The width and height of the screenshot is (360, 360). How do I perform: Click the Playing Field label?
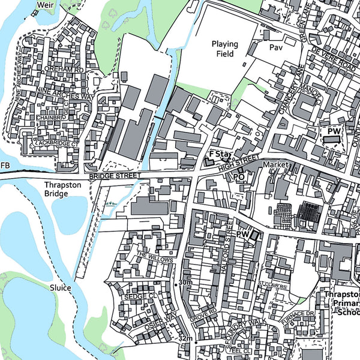tap(224, 49)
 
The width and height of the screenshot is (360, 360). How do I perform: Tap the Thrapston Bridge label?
tap(62, 190)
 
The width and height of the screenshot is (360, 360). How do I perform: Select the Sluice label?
tap(61, 288)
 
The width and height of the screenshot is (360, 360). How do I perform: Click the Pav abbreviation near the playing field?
tap(275, 47)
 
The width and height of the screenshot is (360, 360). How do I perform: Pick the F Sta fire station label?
tap(220, 155)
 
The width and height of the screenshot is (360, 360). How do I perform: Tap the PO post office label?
tap(239, 178)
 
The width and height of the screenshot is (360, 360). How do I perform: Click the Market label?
tap(276, 164)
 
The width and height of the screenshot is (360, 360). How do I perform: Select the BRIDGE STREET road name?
tap(114, 176)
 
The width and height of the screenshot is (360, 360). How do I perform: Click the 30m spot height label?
tap(185, 283)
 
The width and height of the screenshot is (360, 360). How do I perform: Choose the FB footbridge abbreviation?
tap(5, 166)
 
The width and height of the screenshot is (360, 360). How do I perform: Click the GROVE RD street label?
tap(205, 314)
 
